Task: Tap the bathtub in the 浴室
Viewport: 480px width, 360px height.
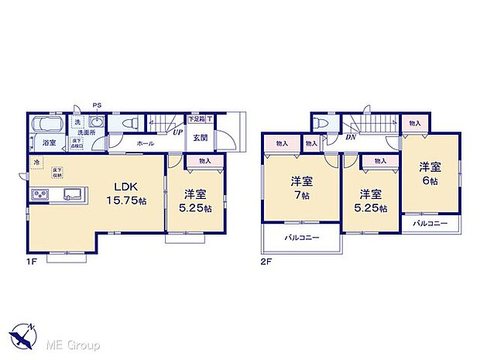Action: [x=50, y=125]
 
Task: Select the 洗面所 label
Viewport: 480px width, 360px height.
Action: [x=85, y=132]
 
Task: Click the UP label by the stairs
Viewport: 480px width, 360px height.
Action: [x=177, y=132]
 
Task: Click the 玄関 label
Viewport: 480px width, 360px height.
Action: [x=200, y=138]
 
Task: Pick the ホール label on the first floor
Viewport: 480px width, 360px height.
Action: [x=145, y=143]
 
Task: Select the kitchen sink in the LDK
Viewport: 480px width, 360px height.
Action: [x=72, y=194]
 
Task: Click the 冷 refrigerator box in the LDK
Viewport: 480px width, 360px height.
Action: [x=36, y=162]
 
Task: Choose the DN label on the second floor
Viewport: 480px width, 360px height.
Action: [x=351, y=138]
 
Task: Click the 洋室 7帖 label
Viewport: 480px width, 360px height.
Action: [x=302, y=188]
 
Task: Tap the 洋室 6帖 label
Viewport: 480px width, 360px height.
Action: [x=430, y=173]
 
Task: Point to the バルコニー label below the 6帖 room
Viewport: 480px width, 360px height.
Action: [x=430, y=223]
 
